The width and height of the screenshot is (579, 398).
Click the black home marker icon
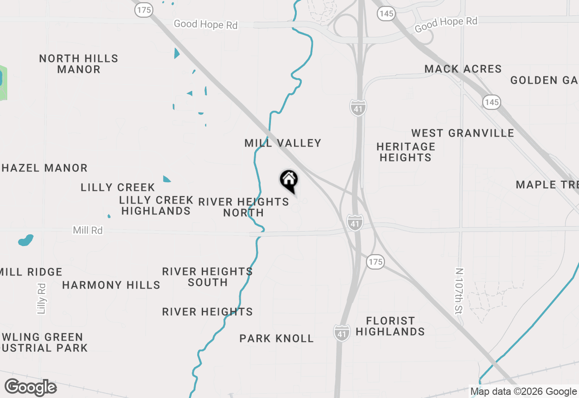[289, 180]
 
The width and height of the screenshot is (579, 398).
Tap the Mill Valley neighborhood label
[283, 143]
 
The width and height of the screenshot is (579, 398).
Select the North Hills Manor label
[79, 64]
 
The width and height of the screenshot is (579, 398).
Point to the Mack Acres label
[463, 69]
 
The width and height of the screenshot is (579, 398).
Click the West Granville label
[462, 133]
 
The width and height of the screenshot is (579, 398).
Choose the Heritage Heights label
[406, 152]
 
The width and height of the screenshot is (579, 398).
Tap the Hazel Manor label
[44, 168]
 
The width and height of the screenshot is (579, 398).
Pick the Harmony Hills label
[111, 285]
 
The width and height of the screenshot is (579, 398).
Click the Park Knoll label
[276, 338]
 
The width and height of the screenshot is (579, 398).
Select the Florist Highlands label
[390, 326]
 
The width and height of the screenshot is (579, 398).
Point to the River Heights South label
[208, 277]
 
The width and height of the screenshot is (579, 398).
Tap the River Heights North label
[243, 207]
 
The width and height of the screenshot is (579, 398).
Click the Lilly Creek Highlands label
[156, 205]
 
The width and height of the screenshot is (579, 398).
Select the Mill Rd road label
[88, 230]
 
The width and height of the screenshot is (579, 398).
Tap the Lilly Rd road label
[42, 298]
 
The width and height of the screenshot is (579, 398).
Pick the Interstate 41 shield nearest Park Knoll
[342, 333]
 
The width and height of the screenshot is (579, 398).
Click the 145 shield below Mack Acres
[491, 102]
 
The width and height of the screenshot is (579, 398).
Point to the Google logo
[31, 388]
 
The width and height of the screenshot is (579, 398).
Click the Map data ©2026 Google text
[523, 392]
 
